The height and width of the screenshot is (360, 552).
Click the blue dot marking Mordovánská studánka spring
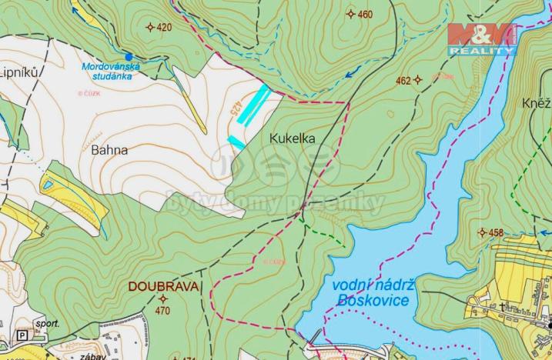click(129, 56)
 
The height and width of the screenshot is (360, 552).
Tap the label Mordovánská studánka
click(112, 71)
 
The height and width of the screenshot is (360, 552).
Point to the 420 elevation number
click(164, 27)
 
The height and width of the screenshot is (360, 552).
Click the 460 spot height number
click(365, 14)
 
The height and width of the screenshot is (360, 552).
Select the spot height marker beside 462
click(418, 79)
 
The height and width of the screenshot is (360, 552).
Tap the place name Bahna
click(109, 150)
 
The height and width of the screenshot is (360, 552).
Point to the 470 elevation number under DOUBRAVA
click(162, 311)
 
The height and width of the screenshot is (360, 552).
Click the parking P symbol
click(22, 335)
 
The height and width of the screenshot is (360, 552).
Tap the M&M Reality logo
click(482, 38)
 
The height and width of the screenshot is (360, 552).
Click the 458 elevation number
click(496, 232)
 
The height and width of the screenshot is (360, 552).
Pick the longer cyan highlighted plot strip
click(253, 105)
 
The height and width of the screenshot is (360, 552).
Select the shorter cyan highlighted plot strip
click(236, 142)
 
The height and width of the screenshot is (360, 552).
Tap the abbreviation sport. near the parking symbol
click(48, 324)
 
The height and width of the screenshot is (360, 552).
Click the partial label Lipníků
click(19, 72)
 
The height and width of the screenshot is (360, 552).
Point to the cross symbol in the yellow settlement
click(501, 307)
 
